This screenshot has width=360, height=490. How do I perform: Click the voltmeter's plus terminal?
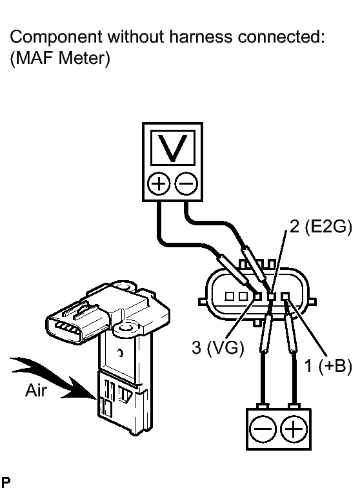(159, 183)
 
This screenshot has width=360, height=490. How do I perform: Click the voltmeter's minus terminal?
(186, 183)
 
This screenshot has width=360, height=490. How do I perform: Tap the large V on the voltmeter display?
(173, 148)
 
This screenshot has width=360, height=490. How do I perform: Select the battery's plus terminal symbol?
(294, 429)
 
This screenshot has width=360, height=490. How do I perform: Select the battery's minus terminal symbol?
(263, 429)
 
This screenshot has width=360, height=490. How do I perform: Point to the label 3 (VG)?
(217, 347)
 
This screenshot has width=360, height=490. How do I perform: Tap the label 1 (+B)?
(328, 365)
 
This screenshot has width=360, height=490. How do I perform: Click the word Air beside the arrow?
(36, 391)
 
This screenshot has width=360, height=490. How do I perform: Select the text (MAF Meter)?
(60, 58)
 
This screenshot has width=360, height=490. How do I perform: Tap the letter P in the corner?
(6, 482)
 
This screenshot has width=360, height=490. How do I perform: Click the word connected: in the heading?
(281, 37)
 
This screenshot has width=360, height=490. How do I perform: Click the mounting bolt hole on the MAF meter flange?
(126, 327)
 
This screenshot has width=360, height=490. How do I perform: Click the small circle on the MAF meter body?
(120, 353)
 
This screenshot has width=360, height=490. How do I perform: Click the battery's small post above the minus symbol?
(263, 406)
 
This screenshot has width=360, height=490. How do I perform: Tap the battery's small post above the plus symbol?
(294, 406)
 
